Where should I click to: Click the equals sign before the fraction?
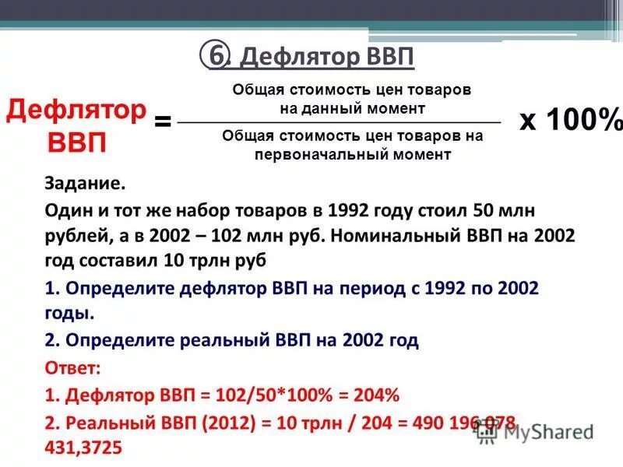(163, 122)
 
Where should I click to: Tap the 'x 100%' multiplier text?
(571, 121)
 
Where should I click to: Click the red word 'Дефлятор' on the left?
(76, 111)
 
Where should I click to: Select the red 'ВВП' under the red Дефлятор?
(78, 144)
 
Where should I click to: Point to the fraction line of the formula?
(340, 123)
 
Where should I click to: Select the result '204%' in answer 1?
(377, 395)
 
